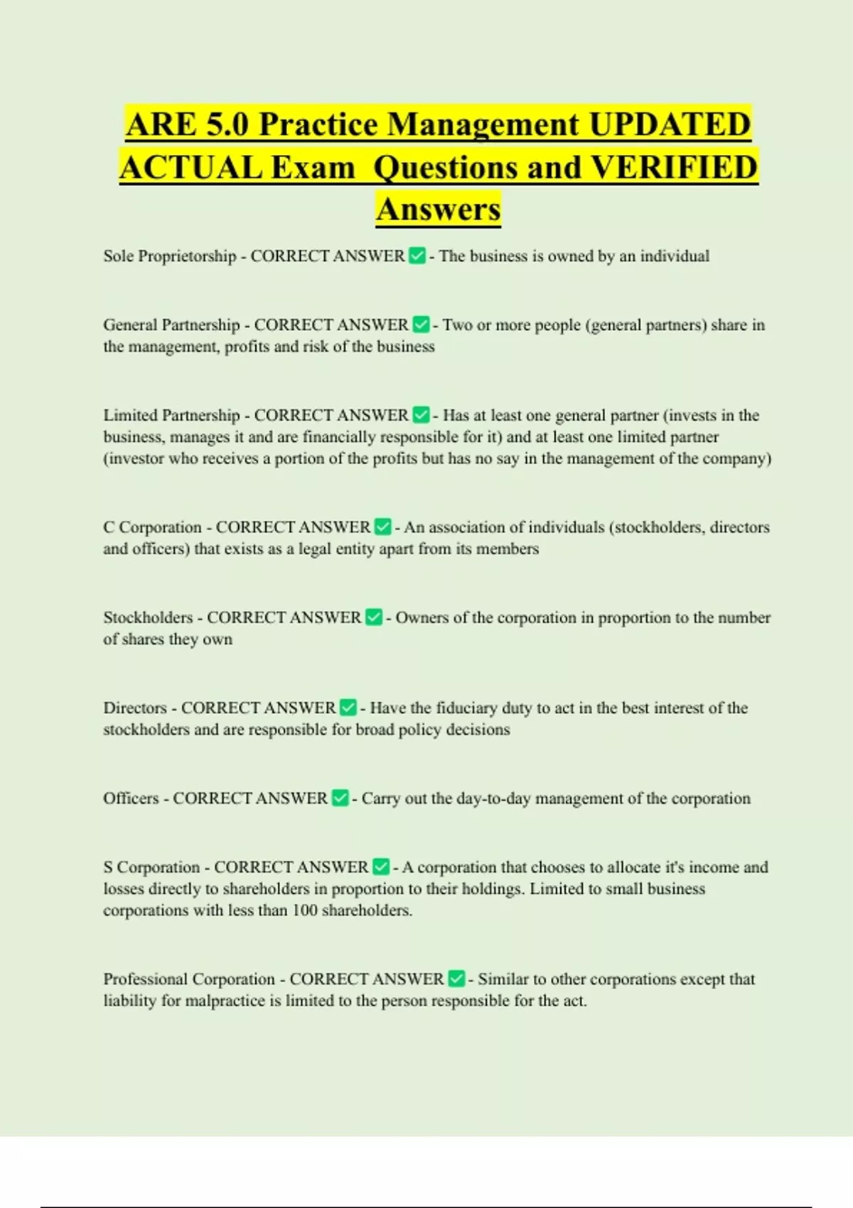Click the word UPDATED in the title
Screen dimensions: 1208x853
670,124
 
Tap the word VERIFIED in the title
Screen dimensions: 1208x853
674,168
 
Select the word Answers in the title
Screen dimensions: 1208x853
439,209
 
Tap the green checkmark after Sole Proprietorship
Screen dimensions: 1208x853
417,256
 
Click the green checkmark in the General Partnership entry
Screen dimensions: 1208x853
421,325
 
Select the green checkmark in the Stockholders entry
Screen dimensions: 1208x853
374,618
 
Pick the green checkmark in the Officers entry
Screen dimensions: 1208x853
340,798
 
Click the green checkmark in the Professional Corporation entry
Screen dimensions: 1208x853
456,978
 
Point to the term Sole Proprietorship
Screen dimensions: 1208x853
169,256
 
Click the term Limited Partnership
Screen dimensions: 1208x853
171,415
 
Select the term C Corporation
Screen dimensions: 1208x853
152,527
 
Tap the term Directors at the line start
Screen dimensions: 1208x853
135,708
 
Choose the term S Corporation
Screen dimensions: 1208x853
151,867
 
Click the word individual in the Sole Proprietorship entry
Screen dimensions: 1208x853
675,256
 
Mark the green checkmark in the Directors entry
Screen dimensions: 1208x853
348,708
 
